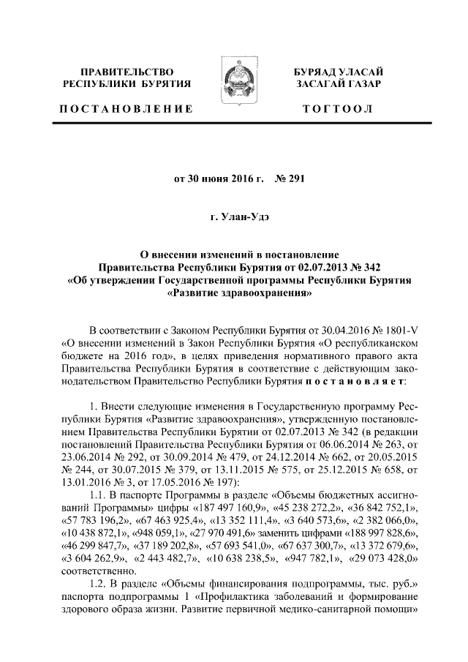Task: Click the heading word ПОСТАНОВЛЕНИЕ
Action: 127,110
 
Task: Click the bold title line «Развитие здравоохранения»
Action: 234,296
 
